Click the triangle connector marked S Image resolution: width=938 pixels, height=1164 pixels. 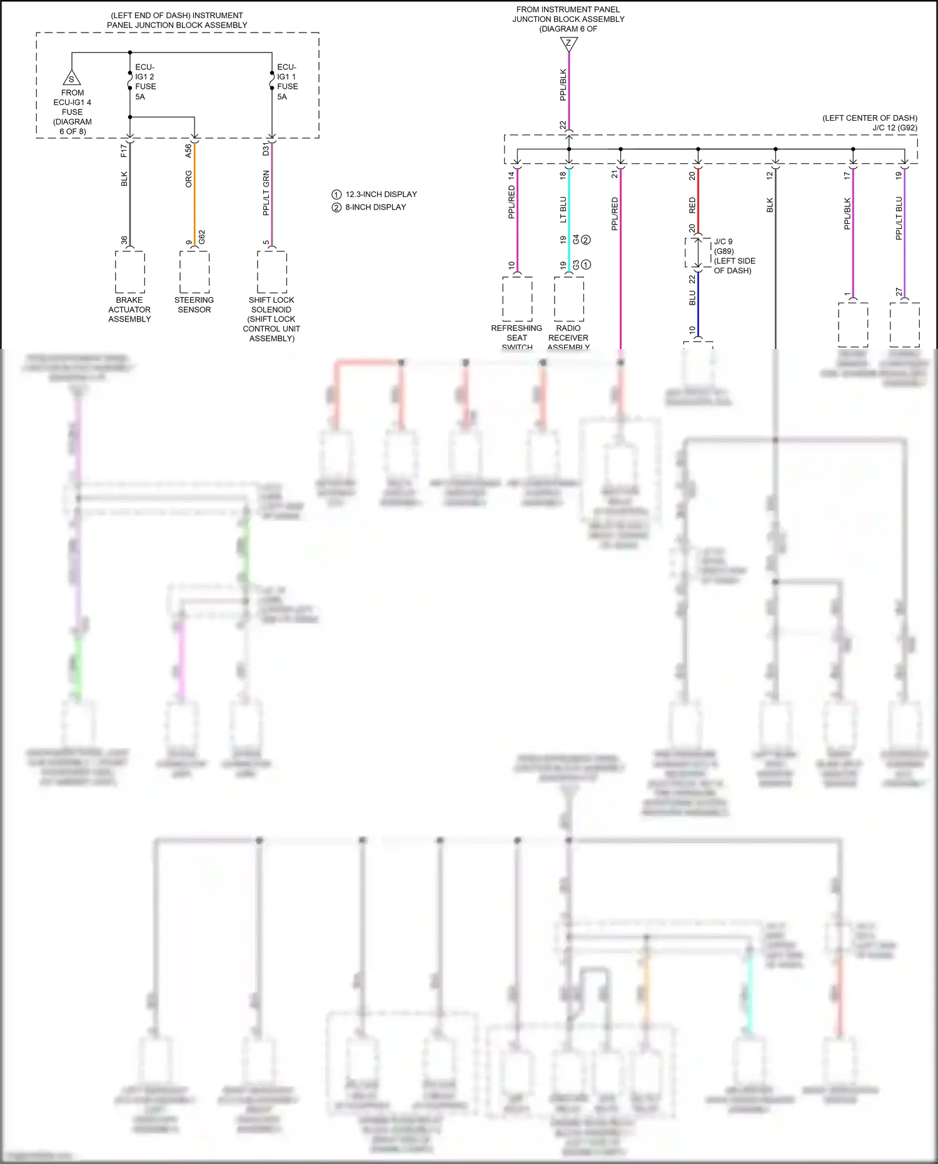71,78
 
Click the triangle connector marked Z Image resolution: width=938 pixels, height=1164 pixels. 568,43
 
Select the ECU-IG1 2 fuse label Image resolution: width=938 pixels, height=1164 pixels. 145,81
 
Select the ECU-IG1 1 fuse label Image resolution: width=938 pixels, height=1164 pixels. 287,81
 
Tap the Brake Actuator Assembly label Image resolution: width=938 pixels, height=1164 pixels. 129,310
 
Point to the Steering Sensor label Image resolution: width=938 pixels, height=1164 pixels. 194,305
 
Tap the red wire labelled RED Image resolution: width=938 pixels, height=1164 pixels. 698,200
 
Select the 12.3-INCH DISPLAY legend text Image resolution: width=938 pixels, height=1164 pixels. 381,195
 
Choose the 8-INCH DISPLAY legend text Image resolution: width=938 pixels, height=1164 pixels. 375,207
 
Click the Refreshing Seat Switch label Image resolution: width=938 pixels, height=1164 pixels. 517,337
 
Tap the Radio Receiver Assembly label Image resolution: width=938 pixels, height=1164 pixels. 568,337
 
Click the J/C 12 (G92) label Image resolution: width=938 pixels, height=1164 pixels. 895,128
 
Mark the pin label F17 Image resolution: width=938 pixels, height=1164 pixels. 124,151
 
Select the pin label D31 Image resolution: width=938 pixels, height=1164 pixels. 266,149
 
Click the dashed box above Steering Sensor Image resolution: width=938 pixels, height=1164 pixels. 194,272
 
